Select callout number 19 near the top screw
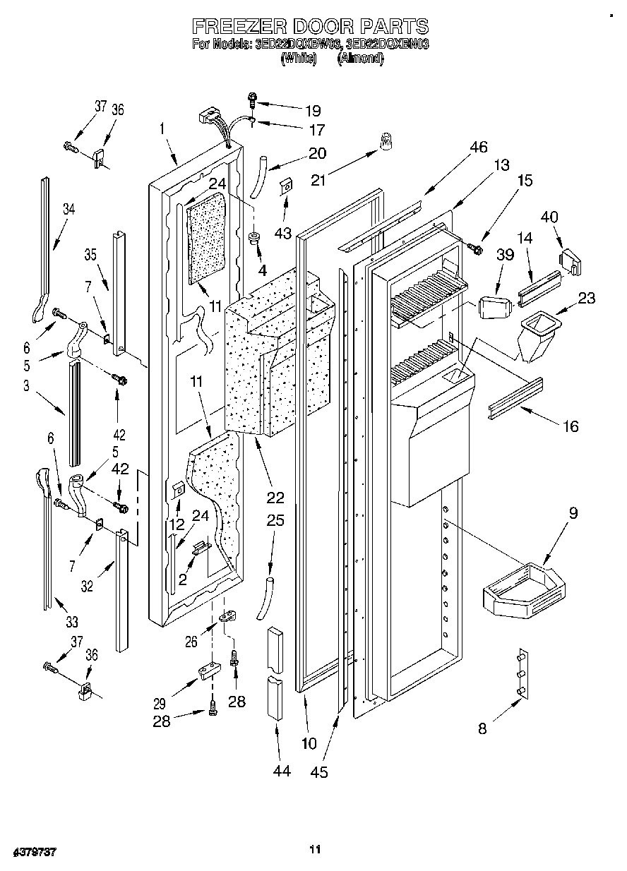pos(312,110)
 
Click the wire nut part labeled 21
pos(386,142)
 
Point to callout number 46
pos(478,147)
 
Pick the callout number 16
pos(570,426)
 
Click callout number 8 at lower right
pos(482,729)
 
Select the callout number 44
pos(281,771)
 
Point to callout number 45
pos(319,772)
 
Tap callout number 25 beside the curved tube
pos(275,521)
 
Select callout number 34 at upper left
pos(68,209)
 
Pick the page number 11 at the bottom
pos(316,849)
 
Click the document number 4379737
pos(35,853)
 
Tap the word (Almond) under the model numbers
pos(360,59)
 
